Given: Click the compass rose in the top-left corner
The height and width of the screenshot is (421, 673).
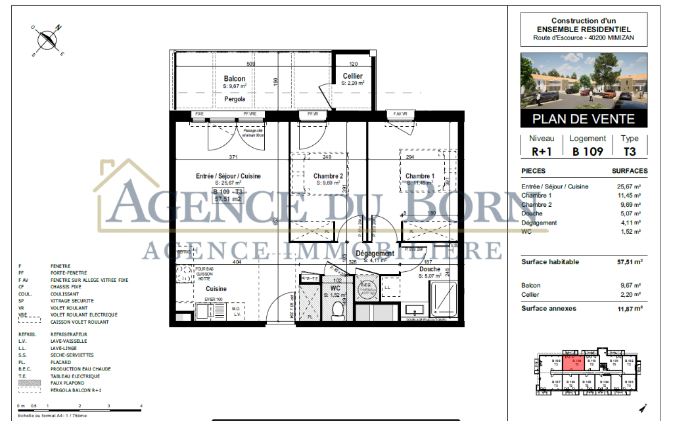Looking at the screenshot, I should pos(47,41).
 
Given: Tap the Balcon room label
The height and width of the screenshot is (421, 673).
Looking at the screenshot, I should pos(235,79).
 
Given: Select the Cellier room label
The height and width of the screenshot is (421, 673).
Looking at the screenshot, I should pos(353,76).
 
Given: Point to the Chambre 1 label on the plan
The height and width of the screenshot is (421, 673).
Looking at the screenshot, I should pos(419,176).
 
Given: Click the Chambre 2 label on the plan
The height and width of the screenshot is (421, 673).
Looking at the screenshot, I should pos(327,176).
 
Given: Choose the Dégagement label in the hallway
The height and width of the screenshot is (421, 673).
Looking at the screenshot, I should pos(375,254).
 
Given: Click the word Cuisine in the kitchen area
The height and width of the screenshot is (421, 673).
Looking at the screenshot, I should pos(217,288).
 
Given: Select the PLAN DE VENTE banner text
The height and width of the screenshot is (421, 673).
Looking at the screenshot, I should pos(583,119).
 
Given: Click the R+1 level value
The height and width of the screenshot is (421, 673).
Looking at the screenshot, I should pos(542,152).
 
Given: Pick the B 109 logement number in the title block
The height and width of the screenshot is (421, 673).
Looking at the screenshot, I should pos(588,152).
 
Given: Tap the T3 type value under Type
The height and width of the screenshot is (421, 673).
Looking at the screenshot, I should pos(629,152).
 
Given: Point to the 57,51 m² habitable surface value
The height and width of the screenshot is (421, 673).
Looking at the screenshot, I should pos(629,261).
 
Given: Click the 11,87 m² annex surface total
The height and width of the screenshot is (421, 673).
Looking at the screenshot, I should pos(629,308).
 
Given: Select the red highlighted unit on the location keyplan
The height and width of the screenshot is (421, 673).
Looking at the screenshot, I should pos(577,362).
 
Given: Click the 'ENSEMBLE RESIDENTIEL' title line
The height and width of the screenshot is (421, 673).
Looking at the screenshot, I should pos(583,29).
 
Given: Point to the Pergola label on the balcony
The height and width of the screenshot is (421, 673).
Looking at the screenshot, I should pos(235,99).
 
